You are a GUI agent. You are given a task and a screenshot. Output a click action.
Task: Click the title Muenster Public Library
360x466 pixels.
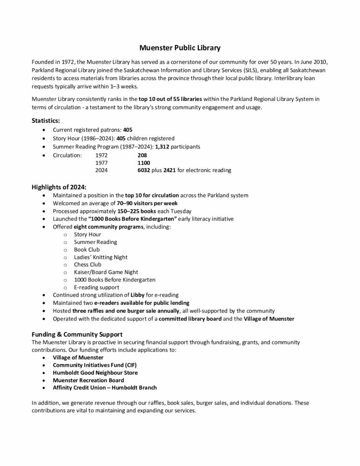pos(179,47)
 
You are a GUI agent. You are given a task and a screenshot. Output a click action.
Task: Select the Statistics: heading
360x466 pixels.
pos(46,121)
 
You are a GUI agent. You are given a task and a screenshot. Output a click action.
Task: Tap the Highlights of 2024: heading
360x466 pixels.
pos(59,187)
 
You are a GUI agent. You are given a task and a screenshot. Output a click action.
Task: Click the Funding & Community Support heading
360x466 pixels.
pos(76,334)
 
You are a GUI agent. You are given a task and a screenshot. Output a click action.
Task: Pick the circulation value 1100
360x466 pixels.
pos(143,162)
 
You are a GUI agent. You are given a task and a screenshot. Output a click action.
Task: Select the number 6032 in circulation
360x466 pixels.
pos(144,170)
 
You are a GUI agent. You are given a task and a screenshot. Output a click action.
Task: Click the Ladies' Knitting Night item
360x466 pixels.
pos(101,257)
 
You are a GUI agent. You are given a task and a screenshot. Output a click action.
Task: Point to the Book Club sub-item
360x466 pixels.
pos(87,249)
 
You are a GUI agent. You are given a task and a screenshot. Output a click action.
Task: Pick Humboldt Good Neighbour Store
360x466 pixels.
pos(95,373)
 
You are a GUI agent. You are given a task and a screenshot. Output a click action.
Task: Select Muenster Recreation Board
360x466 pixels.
pos(88,380)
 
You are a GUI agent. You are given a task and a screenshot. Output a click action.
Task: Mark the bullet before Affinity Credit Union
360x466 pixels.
pos(43,388)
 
